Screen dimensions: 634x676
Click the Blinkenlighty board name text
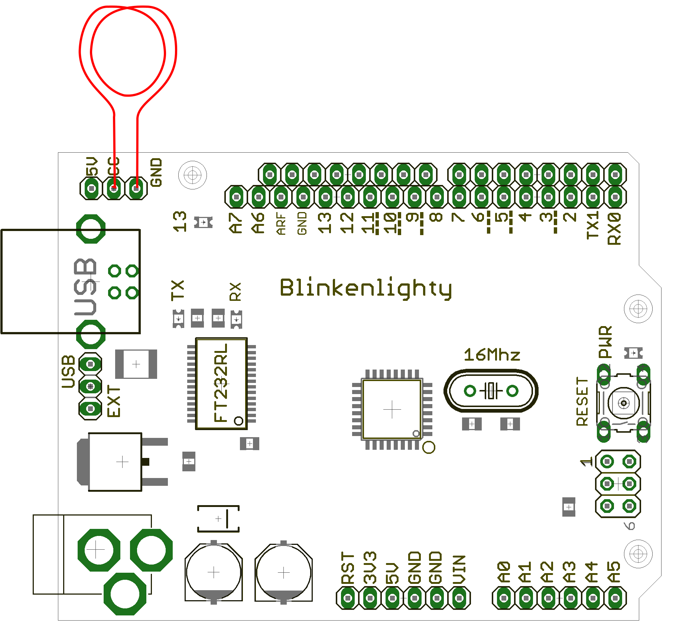[x=366, y=288]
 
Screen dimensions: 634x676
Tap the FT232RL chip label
[x=221, y=383]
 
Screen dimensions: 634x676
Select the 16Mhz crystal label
[x=492, y=355]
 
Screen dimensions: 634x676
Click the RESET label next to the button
[x=582, y=401]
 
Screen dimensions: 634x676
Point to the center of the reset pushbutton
[x=623, y=403]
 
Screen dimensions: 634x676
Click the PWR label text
[x=605, y=342]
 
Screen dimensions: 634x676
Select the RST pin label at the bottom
[x=348, y=569]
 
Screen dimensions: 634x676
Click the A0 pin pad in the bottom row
[x=504, y=598]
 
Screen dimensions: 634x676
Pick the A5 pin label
[x=614, y=572]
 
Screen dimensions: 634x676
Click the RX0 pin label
[x=615, y=228]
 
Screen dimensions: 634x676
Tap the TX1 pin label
[x=593, y=225]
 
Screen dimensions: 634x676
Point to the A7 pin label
[x=236, y=223]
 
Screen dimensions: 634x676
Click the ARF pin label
[x=281, y=224]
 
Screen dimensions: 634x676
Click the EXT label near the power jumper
[x=114, y=401]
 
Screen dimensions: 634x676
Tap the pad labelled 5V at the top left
[x=91, y=188]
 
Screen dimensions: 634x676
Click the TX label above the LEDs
[x=178, y=290]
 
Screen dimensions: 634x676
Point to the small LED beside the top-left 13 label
[x=203, y=222]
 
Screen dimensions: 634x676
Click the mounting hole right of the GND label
[x=192, y=175]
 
